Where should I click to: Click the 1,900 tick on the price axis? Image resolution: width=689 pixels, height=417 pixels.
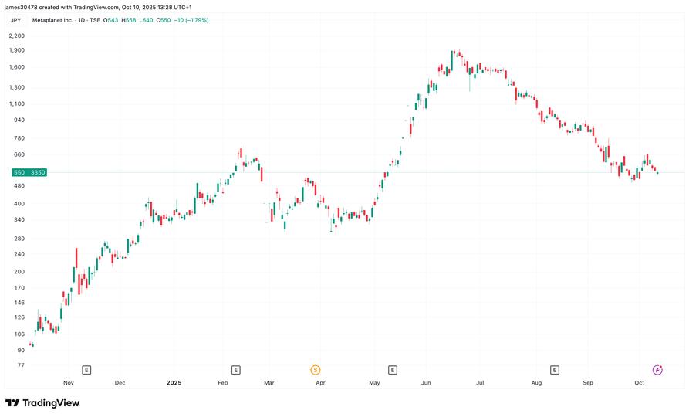(15, 50)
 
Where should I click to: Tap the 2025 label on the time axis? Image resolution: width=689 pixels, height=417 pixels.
(174, 382)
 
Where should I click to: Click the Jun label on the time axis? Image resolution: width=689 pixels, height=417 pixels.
(427, 382)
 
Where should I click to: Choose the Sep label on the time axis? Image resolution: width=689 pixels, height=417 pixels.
(587, 382)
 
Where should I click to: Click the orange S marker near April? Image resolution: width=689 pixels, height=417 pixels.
(315, 370)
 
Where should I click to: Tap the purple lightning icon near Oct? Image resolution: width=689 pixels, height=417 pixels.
(657, 370)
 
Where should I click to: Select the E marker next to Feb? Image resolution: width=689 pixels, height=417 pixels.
(235, 370)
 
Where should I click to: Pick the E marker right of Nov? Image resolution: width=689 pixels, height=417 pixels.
(86, 370)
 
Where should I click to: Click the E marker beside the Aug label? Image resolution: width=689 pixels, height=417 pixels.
(554, 370)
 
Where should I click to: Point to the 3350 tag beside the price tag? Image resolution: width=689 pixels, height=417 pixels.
(36, 172)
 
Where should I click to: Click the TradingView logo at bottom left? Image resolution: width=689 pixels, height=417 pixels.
(42, 402)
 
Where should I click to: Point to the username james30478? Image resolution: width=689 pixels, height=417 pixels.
(25, 7)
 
